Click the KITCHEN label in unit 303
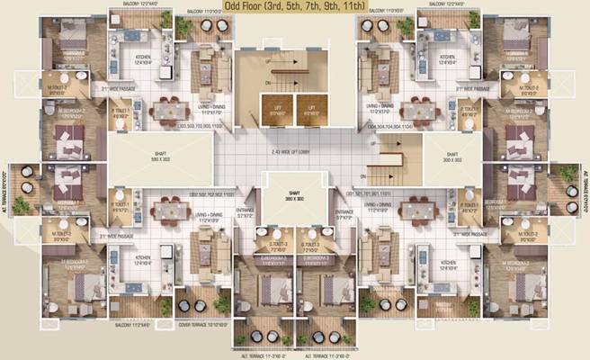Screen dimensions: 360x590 pos(121,62)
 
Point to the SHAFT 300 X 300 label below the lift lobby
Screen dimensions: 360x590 pos(294,197)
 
